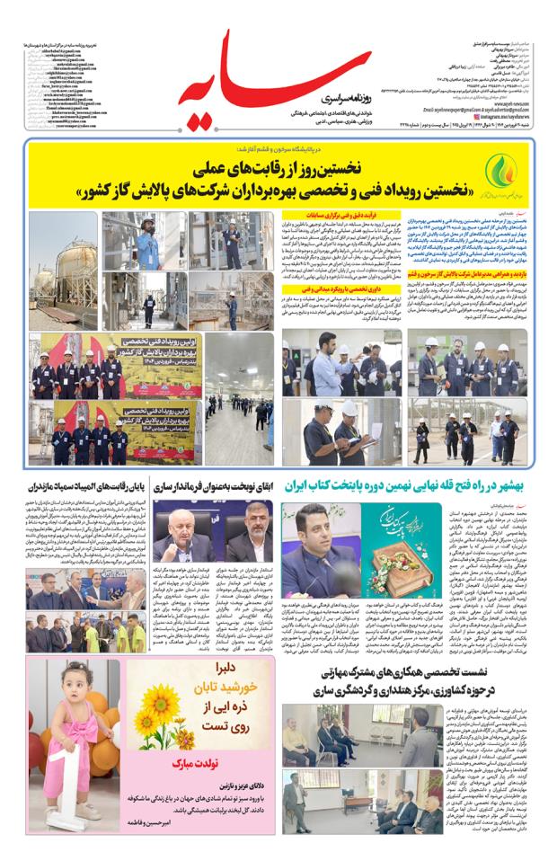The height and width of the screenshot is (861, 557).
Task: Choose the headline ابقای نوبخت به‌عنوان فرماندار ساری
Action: pos(213,486)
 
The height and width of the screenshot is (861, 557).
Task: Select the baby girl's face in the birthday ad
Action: pos(66,685)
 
